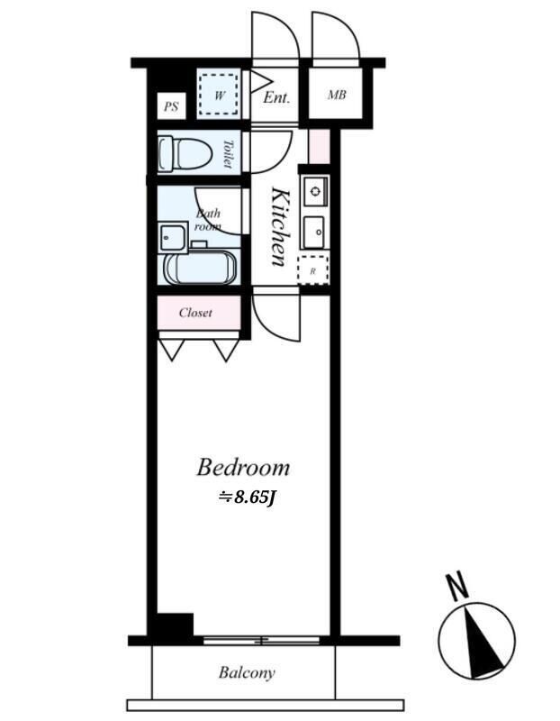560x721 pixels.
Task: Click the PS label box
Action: click(171, 106)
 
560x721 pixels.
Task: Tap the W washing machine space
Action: click(219, 95)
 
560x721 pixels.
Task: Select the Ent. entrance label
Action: click(276, 97)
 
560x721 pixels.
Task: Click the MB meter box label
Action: click(337, 95)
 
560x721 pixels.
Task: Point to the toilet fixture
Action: click(185, 152)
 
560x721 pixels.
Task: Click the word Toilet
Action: click(228, 153)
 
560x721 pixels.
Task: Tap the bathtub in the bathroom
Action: click(200, 268)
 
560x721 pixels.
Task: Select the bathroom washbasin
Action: click(173, 237)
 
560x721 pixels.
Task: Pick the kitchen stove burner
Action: click(315, 191)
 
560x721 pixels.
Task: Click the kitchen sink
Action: click(316, 232)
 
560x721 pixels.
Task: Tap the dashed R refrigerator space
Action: click(312, 269)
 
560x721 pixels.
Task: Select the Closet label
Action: click(195, 313)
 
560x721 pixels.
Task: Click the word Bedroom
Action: click(243, 468)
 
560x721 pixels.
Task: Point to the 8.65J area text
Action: click(247, 497)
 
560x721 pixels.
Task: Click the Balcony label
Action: click(247, 672)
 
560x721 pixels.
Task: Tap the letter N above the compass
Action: click(457, 587)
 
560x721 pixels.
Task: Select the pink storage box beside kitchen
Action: click(320, 146)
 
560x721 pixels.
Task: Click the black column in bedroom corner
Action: click(175, 625)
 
